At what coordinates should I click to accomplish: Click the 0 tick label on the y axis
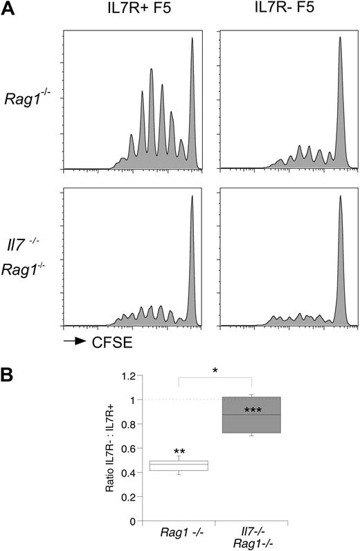[x=130, y=521]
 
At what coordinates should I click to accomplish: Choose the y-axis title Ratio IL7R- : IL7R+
[x=109, y=449]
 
